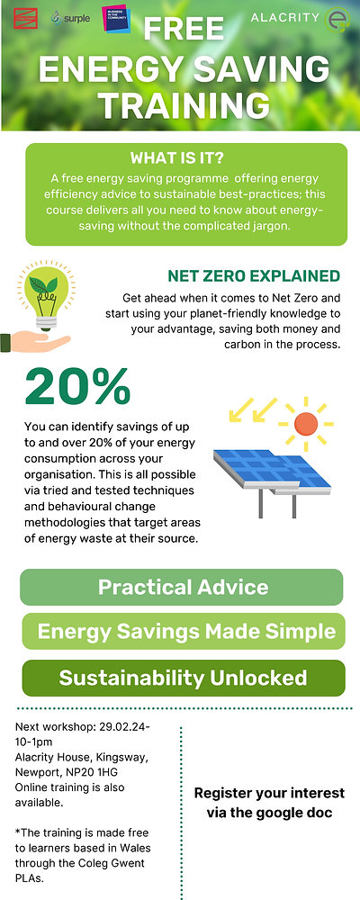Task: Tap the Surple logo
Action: pyautogui.click(x=71, y=17)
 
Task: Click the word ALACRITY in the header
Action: pyautogui.click(x=283, y=18)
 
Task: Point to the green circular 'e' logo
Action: pyautogui.click(x=338, y=19)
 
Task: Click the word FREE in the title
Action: pyautogui.click(x=184, y=30)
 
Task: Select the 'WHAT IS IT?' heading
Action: pyautogui.click(x=184, y=158)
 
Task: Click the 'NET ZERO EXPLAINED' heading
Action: pyautogui.click(x=254, y=276)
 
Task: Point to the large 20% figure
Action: pyautogui.click(x=77, y=387)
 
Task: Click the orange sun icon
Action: pyautogui.click(x=306, y=421)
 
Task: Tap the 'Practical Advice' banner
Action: pyautogui.click(x=183, y=588)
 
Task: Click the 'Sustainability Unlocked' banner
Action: pyautogui.click(x=183, y=678)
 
